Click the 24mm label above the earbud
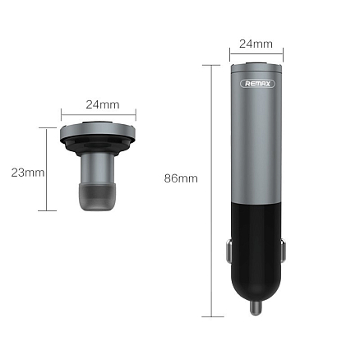pyautogui.click(x=102, y=104)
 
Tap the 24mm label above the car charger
pyautogui.click(x=255, y=43)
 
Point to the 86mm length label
pyautogui.click(x=181, y=178)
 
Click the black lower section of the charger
pyautogui.click(x=255, y=247)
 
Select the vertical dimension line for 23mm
pyautogui.click(x=47, y=173)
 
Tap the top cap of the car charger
pyautogui.click(x=255, y=67)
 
